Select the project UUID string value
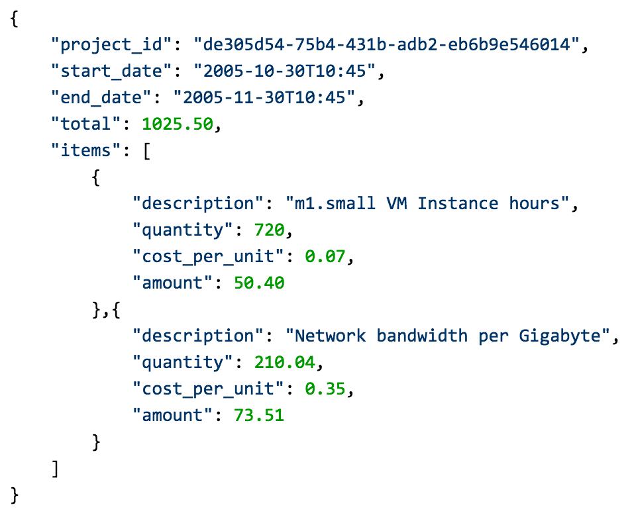tap(386, 45)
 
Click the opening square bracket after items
tap(146, 151)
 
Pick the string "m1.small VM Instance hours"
tap(427, 203)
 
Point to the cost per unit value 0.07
tap(325, 256)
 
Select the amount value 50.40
tap(259, 283)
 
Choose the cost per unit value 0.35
tap(325, 389)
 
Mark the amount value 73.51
tap(259, 415)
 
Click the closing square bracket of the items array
tap(56, 468)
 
